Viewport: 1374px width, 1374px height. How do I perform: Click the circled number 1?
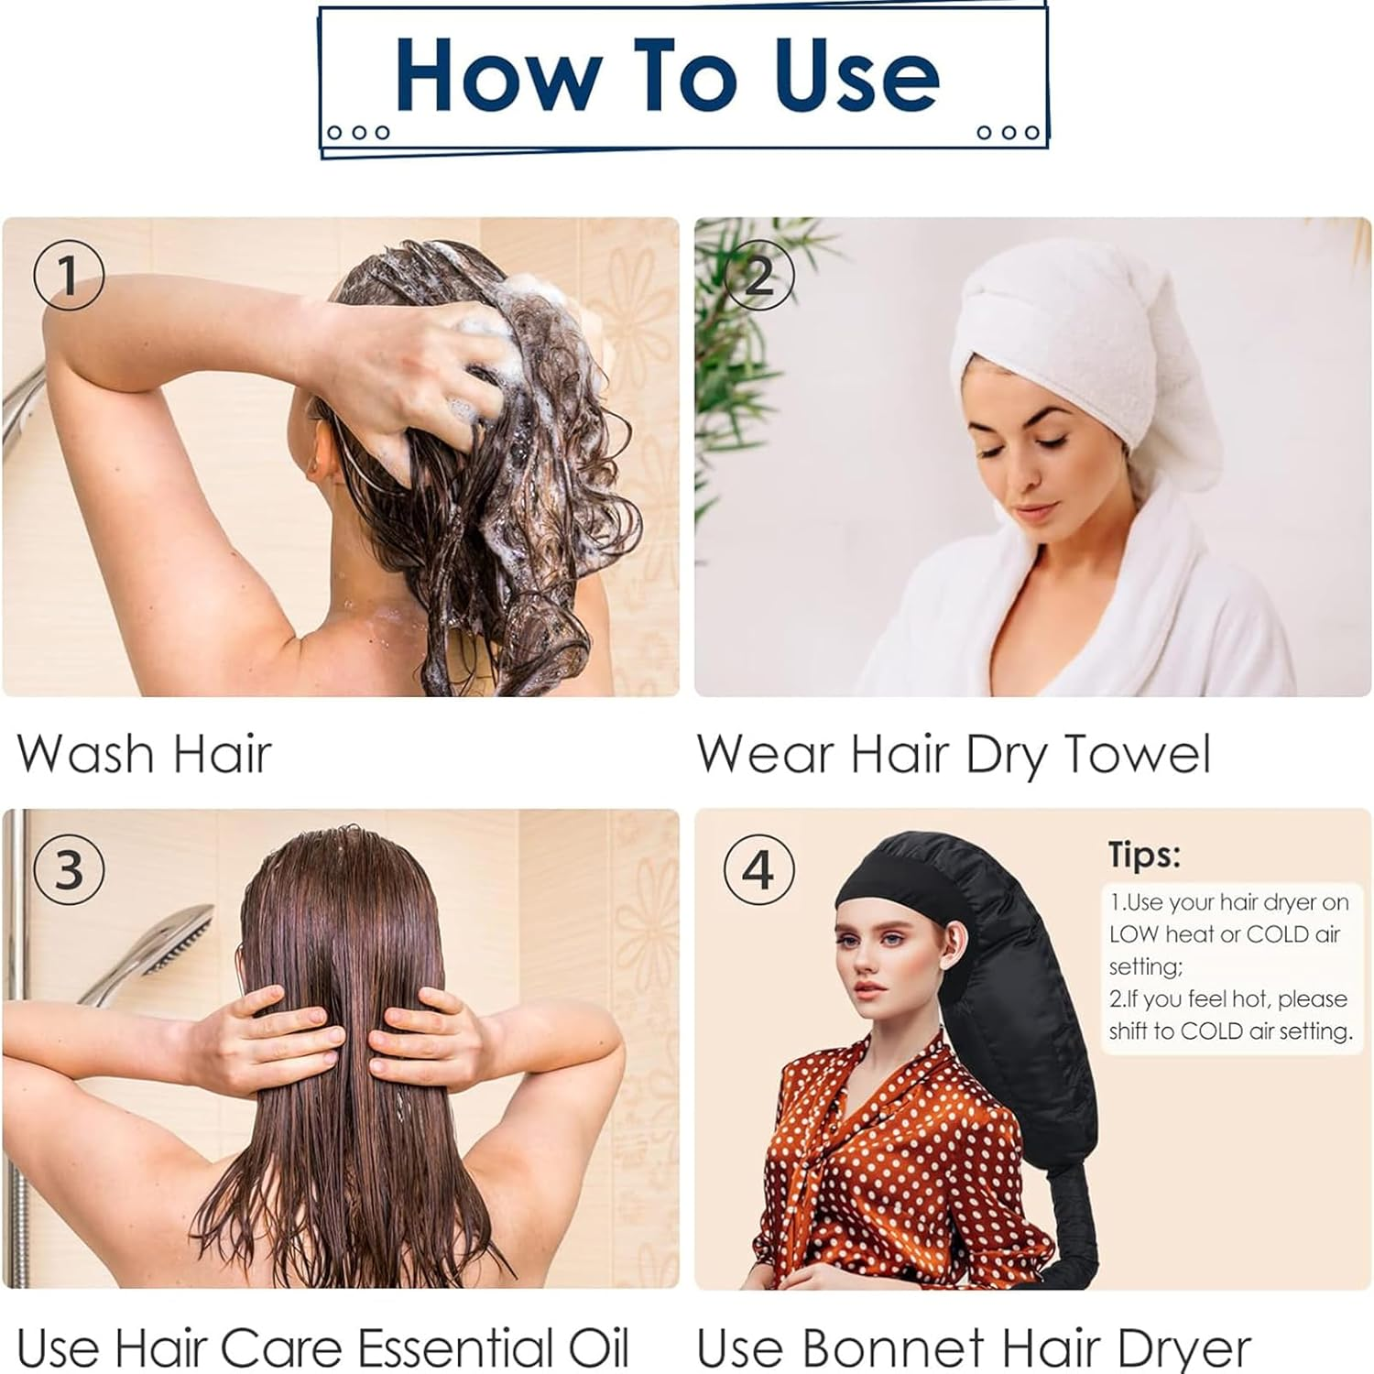(x=69, y=275)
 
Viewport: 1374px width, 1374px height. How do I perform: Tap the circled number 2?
(x=759, y=275)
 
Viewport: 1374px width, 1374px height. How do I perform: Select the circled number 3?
(x=69, y=868)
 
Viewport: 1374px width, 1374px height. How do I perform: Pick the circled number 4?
(x=759, y=868)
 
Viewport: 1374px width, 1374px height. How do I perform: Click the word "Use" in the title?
(x=856, y=75)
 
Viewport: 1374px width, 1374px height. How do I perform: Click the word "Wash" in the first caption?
(x=85, y=754)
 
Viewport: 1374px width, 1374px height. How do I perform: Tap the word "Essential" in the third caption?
(x=454, y=1347)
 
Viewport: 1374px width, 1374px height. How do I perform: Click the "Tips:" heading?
(x=1144, y=855)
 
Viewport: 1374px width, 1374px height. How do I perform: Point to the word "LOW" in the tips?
(x=1133, y=934)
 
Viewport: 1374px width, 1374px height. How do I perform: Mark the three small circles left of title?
(x=359, y=133)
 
